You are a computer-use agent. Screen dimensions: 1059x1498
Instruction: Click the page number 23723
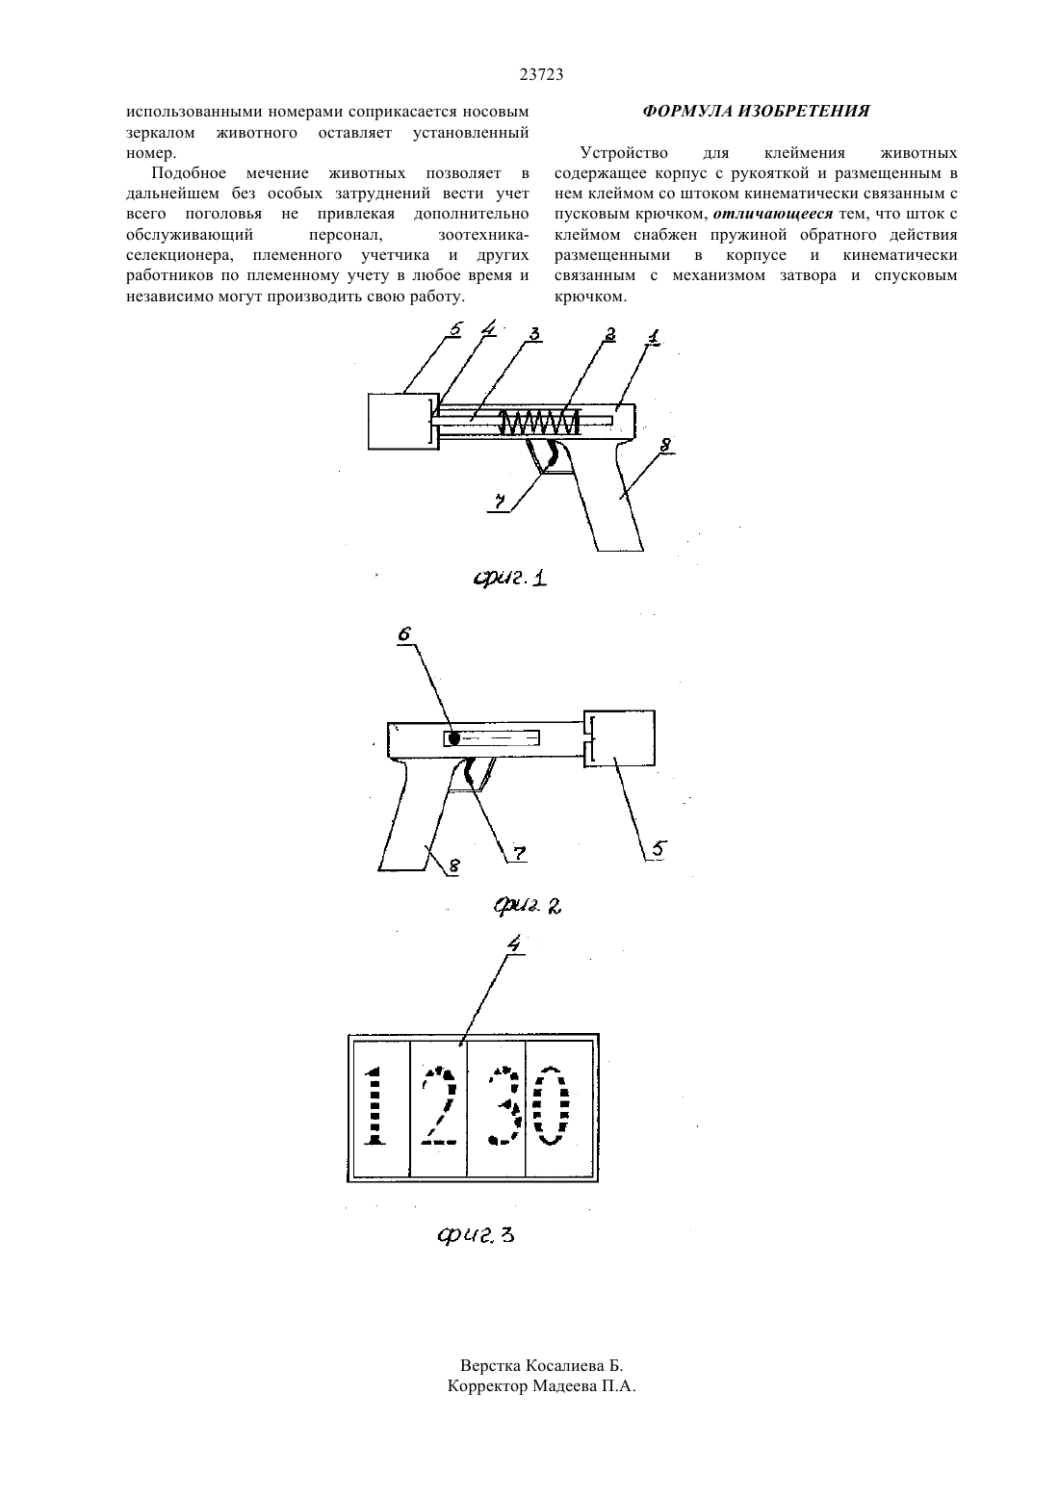(x=541, y=75)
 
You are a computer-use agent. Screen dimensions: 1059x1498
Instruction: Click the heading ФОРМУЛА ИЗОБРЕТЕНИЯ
(x=756, y=111)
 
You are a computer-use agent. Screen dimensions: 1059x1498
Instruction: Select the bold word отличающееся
(x=773, y=215)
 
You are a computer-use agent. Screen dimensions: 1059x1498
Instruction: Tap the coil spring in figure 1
(x=539, y=422)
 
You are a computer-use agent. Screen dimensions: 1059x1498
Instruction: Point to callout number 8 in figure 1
(x=665, y=445)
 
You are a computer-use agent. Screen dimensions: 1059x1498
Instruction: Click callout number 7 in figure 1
(x=498, y=501)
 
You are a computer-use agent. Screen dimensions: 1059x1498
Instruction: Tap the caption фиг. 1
(x=509, y=577)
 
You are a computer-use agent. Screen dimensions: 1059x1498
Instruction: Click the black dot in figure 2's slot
(x=453, y=738)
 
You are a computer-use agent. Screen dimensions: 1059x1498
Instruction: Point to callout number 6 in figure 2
(x=404, y=634)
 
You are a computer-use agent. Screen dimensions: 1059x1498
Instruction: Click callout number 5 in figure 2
(x=658, y=849)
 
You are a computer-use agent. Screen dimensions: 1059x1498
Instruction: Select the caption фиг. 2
(x=528, y=906)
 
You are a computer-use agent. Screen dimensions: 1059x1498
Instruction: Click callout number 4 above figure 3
(x=513, y=943)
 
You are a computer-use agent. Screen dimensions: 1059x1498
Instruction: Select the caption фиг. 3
(x=476, y=1234)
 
